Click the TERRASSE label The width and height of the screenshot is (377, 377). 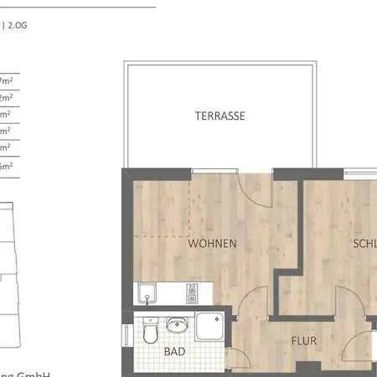(x=220, y=116)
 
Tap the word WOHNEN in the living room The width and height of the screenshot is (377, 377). (x=212, y=244)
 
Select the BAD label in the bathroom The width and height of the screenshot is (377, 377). (x=174, y=352)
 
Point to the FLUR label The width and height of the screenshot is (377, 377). (x=304, y=341)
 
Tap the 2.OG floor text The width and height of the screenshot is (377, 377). (x=18, y=26)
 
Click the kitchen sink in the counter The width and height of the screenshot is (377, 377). (x=148, y=294)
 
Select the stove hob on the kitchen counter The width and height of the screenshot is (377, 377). (x=192, y=294)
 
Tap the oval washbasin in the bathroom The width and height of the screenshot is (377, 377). (x=176, y=325)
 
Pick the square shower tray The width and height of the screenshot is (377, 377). (x=210, y=326)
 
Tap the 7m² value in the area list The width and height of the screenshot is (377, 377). (x=7, y=80)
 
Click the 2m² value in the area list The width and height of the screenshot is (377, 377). (x=7, y=98)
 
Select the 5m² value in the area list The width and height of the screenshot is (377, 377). (x=7, y=166)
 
